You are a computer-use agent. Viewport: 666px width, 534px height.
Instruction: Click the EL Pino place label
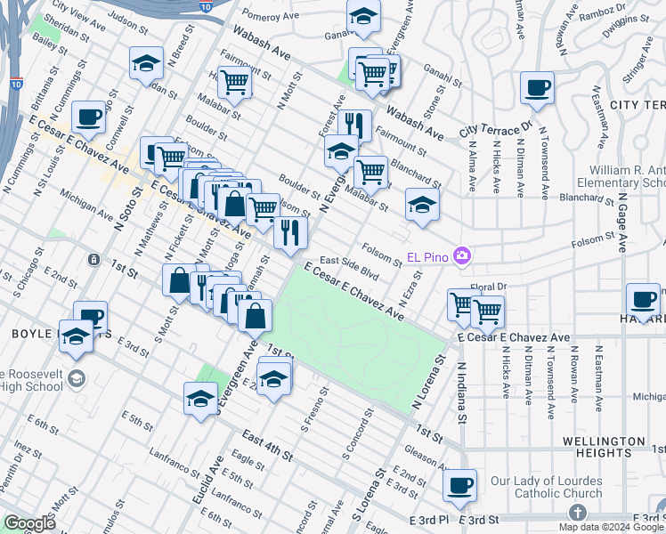tap(426, 257)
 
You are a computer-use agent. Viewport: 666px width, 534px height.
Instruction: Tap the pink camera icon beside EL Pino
tap(461, 256)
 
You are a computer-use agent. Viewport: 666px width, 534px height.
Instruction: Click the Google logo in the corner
tap(29, 523)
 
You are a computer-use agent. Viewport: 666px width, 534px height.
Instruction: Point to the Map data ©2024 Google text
tap(610, 527)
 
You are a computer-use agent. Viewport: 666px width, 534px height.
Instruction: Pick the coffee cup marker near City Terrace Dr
tap(537, 88)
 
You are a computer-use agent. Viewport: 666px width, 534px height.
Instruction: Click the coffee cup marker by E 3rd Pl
tap(459, 485)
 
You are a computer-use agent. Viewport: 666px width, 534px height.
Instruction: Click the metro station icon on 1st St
tap(93, 259)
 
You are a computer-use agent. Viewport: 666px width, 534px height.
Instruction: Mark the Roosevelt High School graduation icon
tap(77, 377)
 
